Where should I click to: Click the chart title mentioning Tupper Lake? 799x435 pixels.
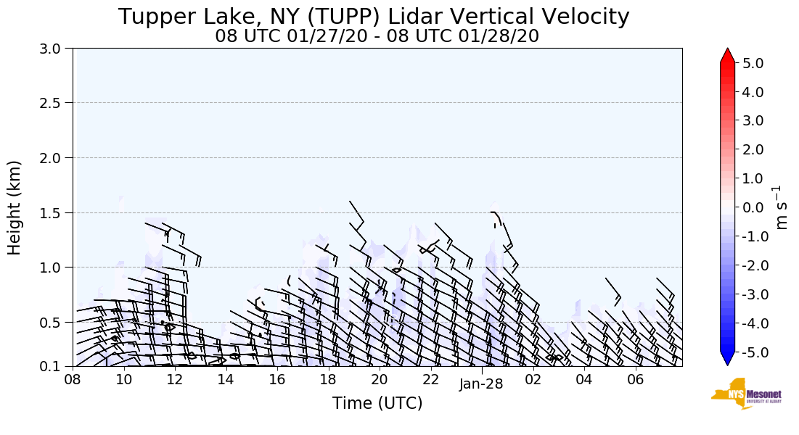(374, 17)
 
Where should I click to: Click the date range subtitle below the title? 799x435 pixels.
(377, 36)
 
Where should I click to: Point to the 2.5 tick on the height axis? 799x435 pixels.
(55, 103)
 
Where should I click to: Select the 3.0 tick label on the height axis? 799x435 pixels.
(55, 49)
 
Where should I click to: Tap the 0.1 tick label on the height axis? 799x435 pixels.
(55, 367)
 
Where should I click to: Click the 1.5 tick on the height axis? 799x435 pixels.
(55, 212)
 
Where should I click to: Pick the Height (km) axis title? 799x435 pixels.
(15, 207)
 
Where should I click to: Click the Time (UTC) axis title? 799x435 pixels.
(377, 403)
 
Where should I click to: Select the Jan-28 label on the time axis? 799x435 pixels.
(481, 384)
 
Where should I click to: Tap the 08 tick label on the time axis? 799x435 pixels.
(73, 379)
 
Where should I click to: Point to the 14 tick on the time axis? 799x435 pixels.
(226, 379)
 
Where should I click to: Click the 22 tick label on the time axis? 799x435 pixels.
(430, 379)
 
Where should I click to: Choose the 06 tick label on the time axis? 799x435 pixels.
(635, 379)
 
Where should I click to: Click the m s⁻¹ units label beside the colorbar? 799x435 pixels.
(781, 207)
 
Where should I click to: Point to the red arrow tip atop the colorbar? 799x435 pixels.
(727, 54)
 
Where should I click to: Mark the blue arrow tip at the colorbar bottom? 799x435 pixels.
(727, 360)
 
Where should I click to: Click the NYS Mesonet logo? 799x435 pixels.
(745, 394)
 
